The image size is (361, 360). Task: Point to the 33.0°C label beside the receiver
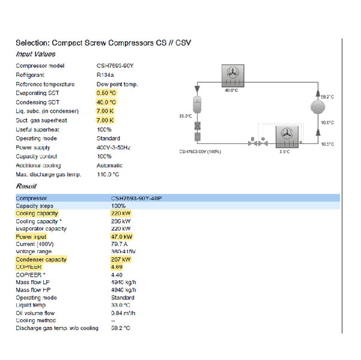pyautogui.click(x=186, y=116)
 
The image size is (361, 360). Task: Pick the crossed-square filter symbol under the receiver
pyautogui.click(x=196, y=127)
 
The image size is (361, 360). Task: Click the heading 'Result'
pyautogui.click(x=26, y=186)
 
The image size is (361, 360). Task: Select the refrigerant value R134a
pyautogui.click(x=106, y=75)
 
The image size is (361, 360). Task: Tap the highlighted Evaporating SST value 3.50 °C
pyautogui.click(x=106, y=93)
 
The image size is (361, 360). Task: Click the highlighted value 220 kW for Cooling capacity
pyautogui.click(x=121, y=213)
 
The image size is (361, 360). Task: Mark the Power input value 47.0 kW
pyautogui.click(x=122, y=236)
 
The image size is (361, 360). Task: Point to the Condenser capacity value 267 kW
pyautogui.click(x=121, y=259)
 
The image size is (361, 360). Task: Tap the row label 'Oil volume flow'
pyautogui.click(x=35, y=313)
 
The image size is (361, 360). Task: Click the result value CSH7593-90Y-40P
pyautogui.click(x=136, y=197)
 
